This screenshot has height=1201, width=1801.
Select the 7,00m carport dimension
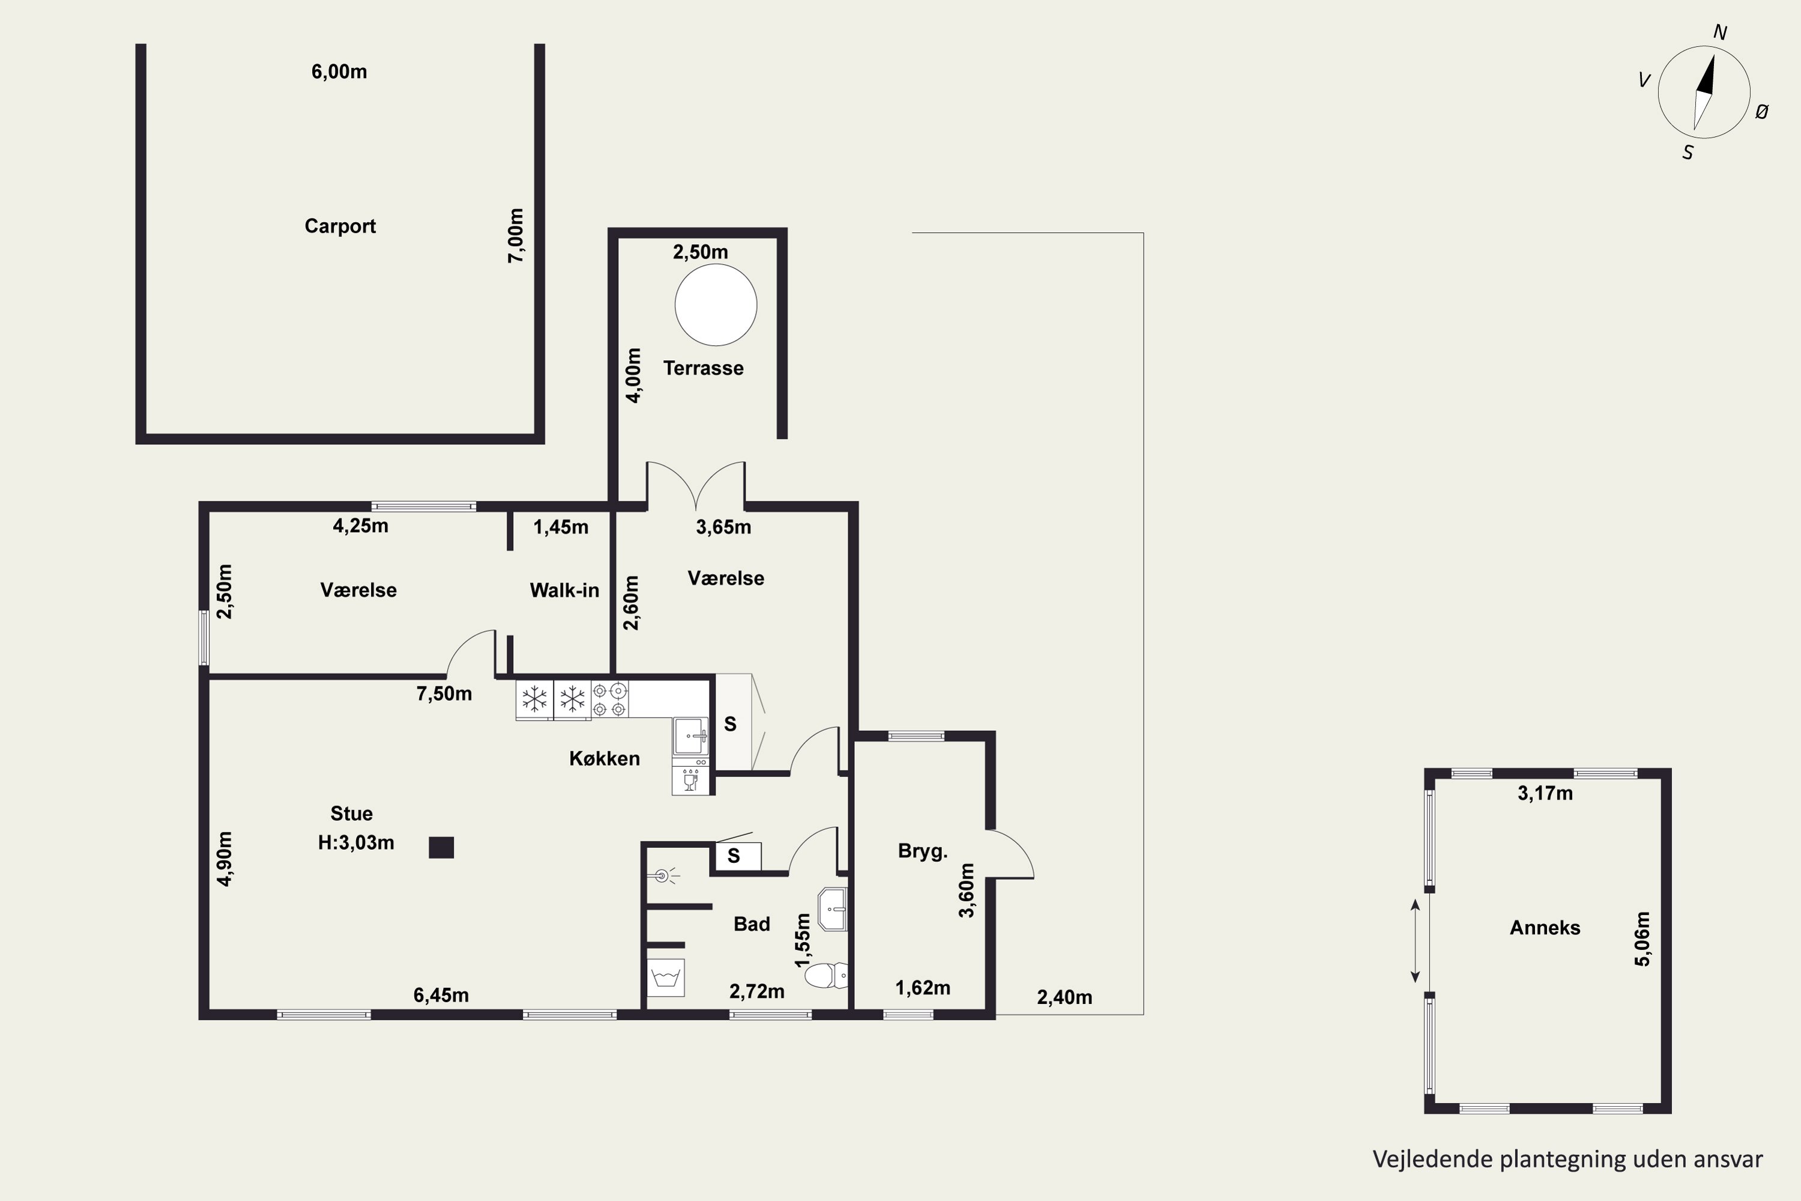click(517, 236)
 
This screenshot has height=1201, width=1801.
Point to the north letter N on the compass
click(1720, 32)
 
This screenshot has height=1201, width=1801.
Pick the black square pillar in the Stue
click(441, 847)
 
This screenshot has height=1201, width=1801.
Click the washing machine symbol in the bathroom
click(665, 978)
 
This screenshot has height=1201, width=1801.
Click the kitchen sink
click(691, 736)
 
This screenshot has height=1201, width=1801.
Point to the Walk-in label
click(564, 590)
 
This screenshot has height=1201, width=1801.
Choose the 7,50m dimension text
click(444, 694)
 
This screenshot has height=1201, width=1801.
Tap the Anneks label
click(1545, 928)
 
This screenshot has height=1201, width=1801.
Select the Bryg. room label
click(923, 851)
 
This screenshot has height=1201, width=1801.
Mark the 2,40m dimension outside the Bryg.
click(1064, 997)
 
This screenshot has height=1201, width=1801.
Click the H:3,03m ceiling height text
click(356, 843)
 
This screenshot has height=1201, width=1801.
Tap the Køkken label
click(604, 758)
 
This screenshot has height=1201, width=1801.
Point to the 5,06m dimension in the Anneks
click(1643, 939)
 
